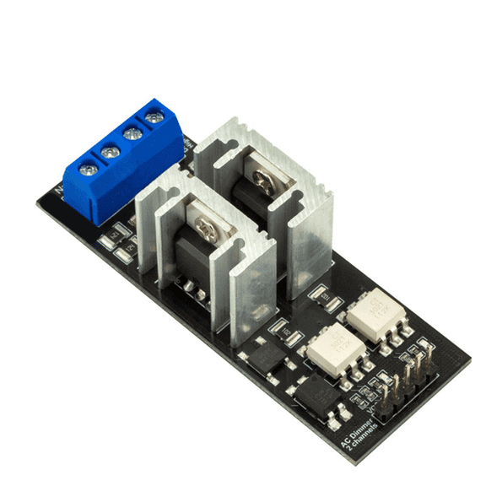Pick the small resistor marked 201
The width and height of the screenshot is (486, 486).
tap(321, 296)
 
